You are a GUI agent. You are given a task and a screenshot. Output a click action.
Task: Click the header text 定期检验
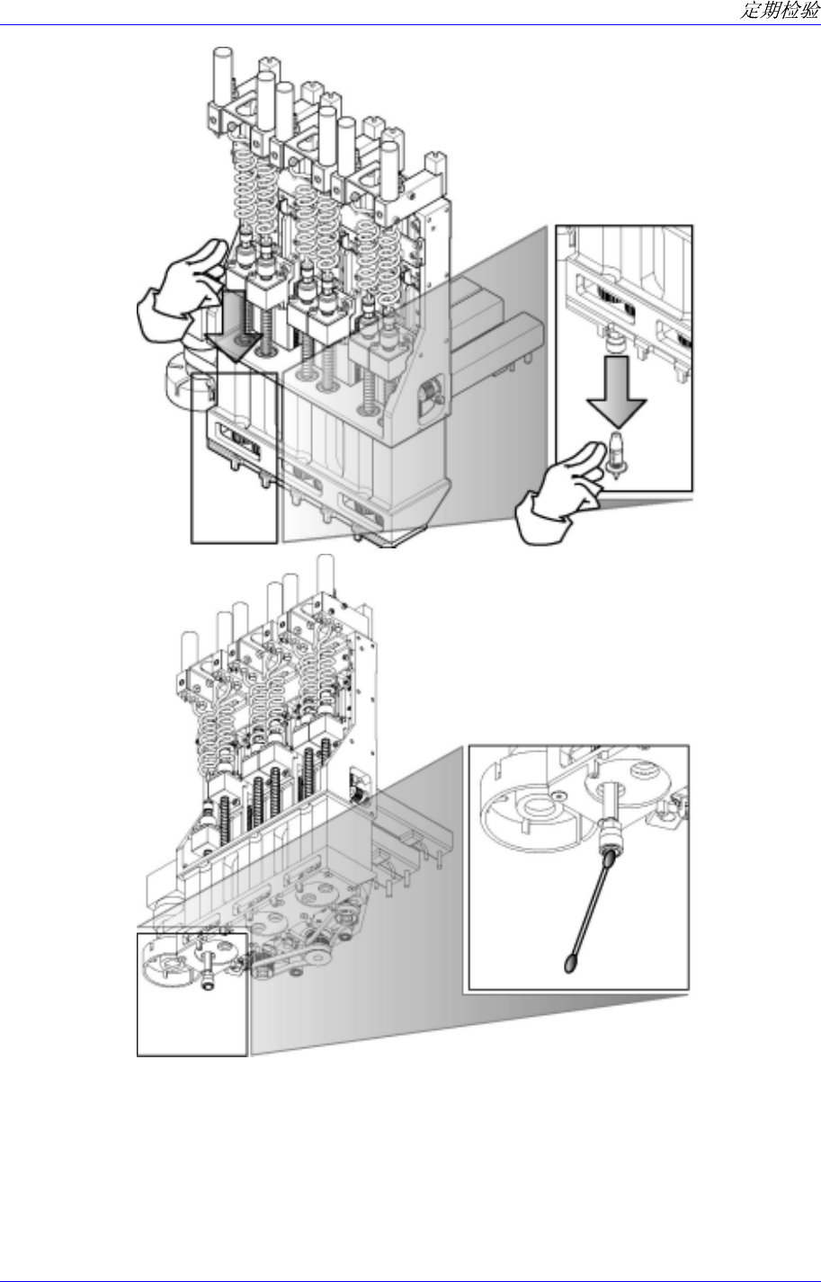[x=779, y=11]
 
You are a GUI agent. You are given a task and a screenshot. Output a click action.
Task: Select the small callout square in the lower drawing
[x=192, y=993]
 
